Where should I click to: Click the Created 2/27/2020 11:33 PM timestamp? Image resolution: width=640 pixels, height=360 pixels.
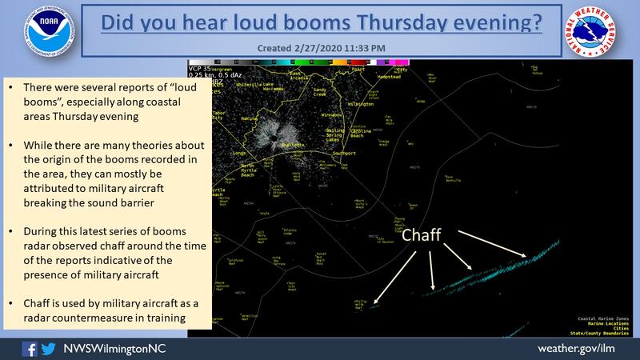(x=319, y=48)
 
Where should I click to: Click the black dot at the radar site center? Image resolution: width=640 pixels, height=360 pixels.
(x=274, y=134)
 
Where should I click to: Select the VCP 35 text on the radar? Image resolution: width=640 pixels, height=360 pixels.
(x=198, y=69)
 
